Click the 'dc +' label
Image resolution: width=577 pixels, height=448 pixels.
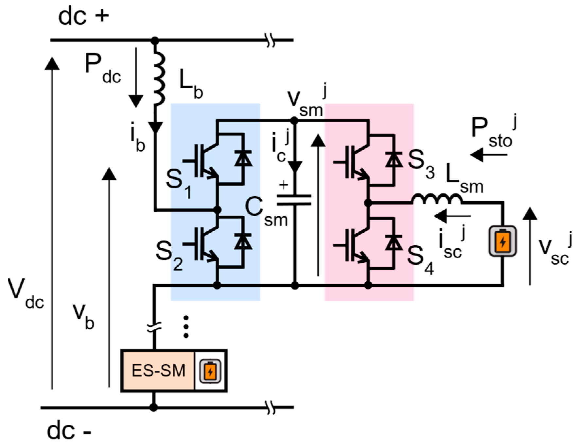tap(83, 17)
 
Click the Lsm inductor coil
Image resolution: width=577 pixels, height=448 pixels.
tap(437, 199)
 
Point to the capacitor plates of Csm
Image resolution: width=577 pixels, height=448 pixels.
tap(294, 200)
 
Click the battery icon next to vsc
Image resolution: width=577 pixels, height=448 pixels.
tap(503, 241)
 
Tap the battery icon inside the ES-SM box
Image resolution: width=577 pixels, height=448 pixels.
tap(210, 371)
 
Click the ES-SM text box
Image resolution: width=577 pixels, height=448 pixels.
tap(158, 371)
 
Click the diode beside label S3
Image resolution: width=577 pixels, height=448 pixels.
tap(393, 159)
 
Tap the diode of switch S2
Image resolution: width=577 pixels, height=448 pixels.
tap(243, 242)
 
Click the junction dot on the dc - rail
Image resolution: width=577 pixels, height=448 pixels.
tap(153, 407)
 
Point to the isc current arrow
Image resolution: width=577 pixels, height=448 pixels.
tap(452, 216)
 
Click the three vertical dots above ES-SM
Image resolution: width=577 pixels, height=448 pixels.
tap(186, 326)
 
